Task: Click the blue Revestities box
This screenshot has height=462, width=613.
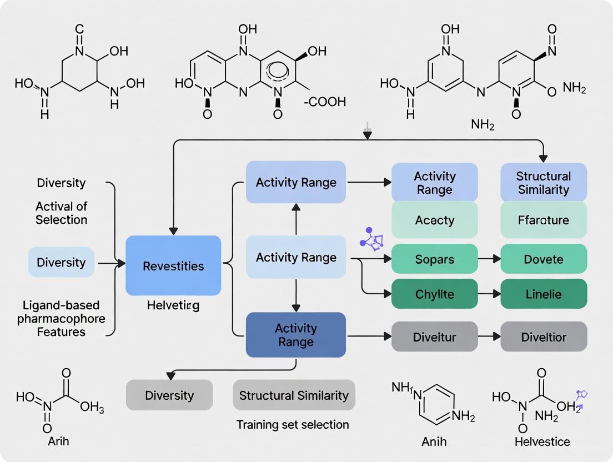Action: point(173,265)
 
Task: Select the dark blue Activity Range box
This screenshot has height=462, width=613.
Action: point(295,335)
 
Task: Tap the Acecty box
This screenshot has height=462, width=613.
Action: point(434,220)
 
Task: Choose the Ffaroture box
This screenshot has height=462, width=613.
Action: point(544,220)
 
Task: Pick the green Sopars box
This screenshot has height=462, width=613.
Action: point(434,259)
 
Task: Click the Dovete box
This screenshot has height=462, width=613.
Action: point(544,259)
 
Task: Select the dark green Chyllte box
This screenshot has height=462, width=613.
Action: point(434,294)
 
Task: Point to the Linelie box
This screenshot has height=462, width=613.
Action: point(544,294)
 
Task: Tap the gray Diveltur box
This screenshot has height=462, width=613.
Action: point(434,337)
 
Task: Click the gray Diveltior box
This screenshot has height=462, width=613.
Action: point(544,337)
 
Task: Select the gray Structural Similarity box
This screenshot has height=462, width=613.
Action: point(294,395)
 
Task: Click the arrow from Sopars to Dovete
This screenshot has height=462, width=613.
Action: point(489,259)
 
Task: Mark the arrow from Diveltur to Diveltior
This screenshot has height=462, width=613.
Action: point(489,337)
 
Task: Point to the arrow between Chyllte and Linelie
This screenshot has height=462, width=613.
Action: point(489,294)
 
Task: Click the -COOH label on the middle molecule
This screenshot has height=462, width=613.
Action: point(324,102)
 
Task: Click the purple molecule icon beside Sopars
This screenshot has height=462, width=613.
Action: point(372,238)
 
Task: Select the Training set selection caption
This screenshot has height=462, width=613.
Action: point(293,425)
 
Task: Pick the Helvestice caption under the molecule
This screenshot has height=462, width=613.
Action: point(542,442)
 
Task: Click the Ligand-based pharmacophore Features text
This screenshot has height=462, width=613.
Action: point(61,319)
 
